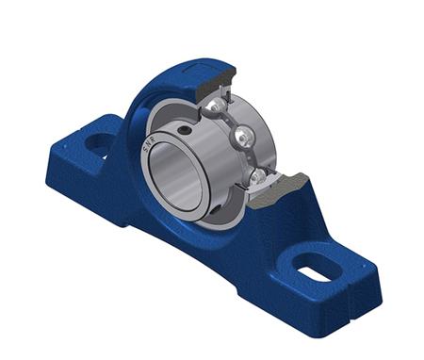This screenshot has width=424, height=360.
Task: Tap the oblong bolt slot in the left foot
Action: coord(98,143)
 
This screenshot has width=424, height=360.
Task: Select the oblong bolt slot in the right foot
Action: coord(316,266)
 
